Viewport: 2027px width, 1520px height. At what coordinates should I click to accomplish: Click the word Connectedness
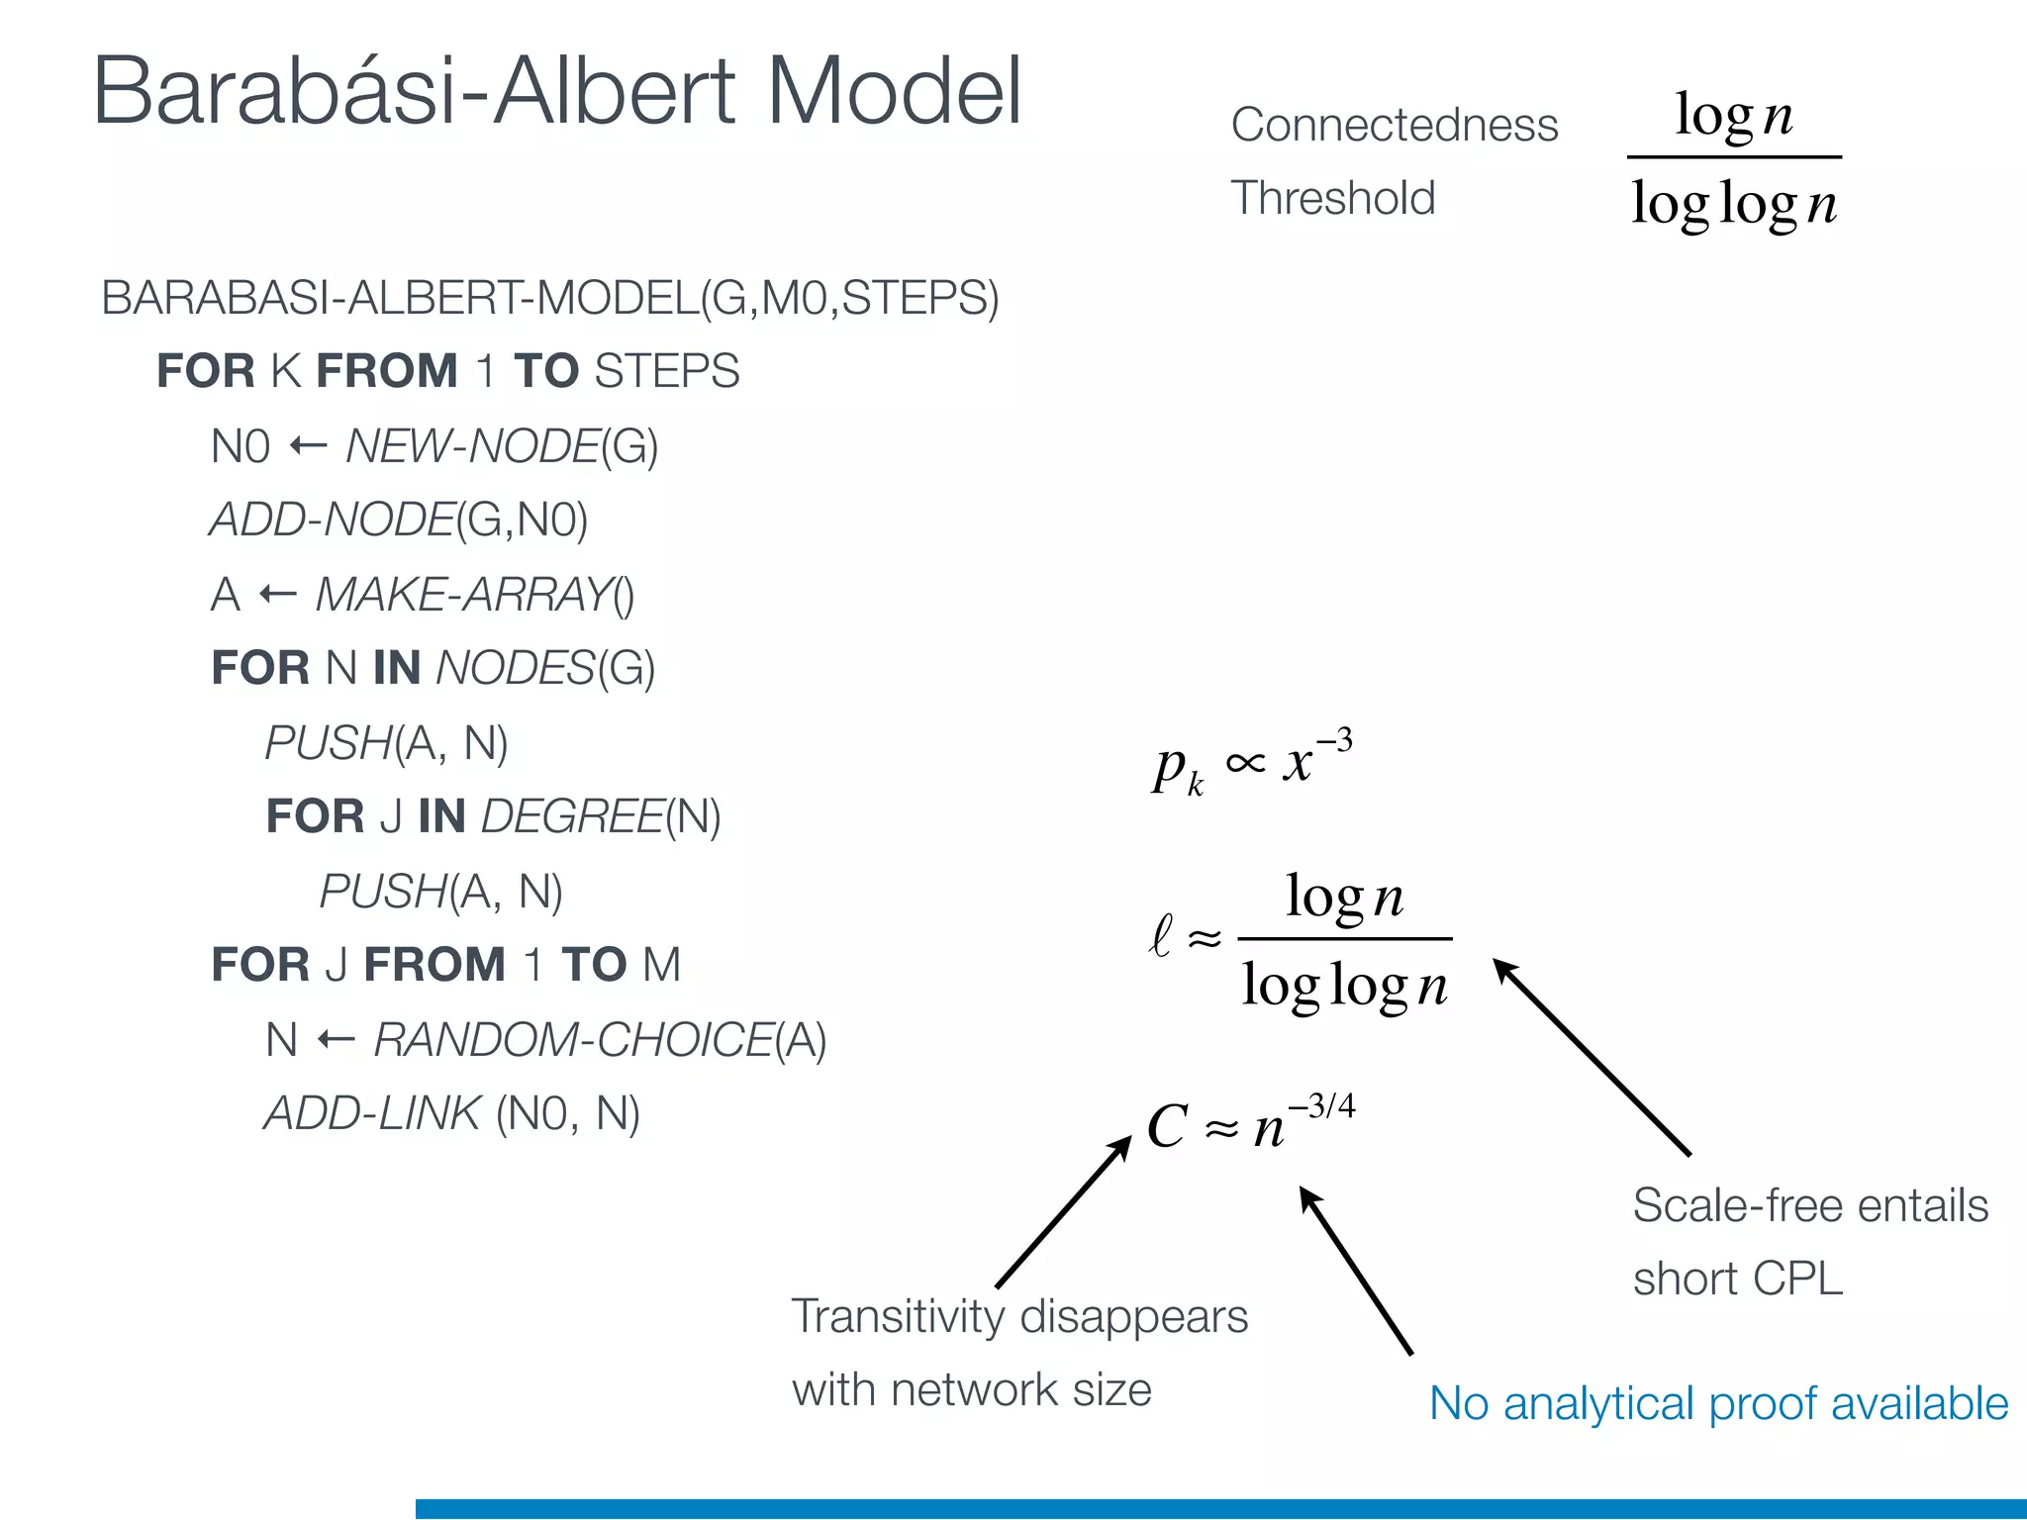tap(1394, 126)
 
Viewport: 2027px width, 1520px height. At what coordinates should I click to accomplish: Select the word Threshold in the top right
tap(1332, 198)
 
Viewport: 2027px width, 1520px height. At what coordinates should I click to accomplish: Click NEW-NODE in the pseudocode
tap(472, 446)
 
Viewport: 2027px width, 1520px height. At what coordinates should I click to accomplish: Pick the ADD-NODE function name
tap(332, 521)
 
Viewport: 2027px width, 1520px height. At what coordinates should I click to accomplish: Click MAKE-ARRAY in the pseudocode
tap(462, 595)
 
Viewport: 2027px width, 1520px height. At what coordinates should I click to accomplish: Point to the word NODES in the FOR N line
tap(515, 669)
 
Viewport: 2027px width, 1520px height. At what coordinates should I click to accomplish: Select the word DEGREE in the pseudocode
tap(571, 817)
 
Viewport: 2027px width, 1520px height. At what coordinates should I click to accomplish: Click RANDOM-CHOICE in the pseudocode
tap(572, 1040)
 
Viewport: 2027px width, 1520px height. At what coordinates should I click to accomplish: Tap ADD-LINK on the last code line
tap(372, 1114)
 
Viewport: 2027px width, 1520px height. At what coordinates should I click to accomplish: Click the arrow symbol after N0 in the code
tap(308, 446)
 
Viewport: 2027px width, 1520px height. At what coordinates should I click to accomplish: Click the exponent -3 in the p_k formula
tap(1334, 740)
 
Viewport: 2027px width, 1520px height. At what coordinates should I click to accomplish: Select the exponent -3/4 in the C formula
tap(1322, 1105)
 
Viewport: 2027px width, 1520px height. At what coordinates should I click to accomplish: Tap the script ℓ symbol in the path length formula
tap(1161, 935)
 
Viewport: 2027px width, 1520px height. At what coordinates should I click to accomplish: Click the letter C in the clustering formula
tap(1167, 1127)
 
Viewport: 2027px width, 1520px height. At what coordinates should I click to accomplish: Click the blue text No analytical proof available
tap(1718, 1404)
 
